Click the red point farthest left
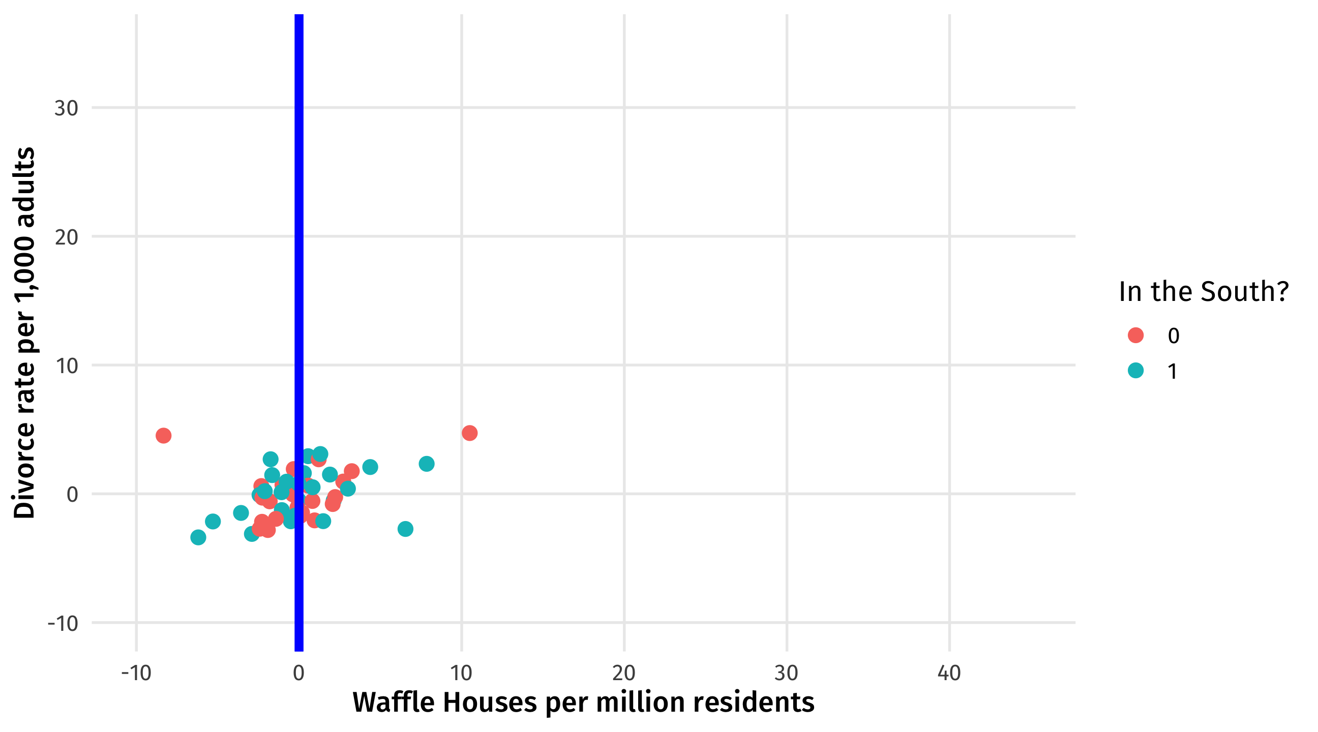click(163, 436)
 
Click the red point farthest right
click(470, 433)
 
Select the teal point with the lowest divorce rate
click(198, 538)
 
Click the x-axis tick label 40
click(949, 674)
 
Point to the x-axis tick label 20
click(624, 674)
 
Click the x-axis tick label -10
click(136, 674)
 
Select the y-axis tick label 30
click(66, 108)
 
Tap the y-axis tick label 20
click(66, 237)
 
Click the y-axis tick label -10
click(63, 624)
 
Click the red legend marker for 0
click(1136, 335)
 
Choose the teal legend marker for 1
click(1136, 371)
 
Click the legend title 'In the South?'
click(1204, 292)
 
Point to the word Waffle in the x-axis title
click(393, 703)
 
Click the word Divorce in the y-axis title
click(24, 480)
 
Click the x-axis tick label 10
click(461, 674)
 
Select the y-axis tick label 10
click(66, 367)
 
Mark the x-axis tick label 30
click(787, 674)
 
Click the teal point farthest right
click(427, 464)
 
